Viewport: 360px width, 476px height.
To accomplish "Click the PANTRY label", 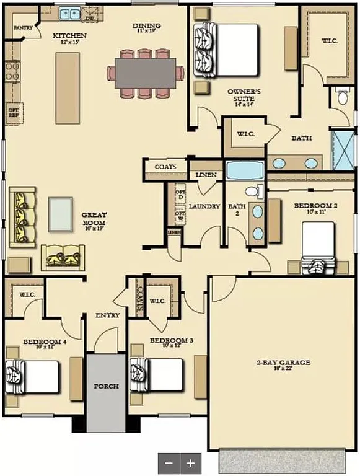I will pos(23,28).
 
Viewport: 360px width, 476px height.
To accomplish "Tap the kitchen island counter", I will pos(68,87).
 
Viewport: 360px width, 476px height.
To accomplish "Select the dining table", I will pos(146,73).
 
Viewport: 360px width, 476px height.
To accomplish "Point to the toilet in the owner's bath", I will pos(343,96).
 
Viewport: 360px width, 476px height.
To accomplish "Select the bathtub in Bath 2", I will pos(245,170).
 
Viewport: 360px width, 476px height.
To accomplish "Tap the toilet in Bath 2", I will pos(254,192).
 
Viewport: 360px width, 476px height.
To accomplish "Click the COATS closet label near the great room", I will pos(165,167).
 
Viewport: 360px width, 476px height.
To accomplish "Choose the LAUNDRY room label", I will pos(204,206).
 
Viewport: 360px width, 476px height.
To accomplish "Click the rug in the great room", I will pos(61,214).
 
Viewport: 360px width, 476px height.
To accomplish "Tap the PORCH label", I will pos(106,386).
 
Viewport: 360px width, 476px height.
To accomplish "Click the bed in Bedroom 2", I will pos(318,245).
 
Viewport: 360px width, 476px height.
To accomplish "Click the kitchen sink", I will pos(69,12).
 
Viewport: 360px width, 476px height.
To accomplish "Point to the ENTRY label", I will pos(107,315).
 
